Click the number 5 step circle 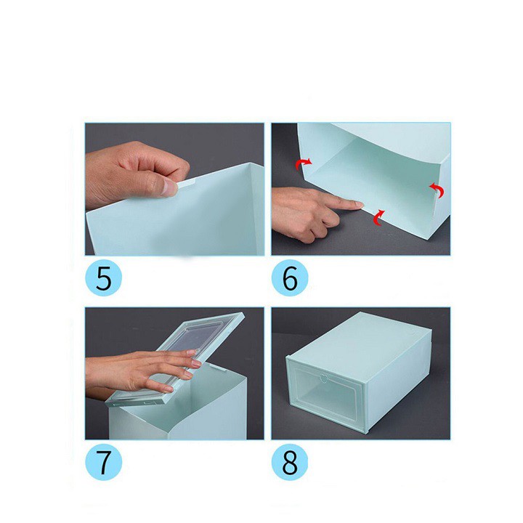click(x=103, y=277)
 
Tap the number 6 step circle click(x=290, y=277)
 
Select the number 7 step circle click(x=104, y=462)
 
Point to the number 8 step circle click(x=290, y=462)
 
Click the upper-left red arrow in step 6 click(x=304, y=163)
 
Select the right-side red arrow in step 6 click(x=437, y=190)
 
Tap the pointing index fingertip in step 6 click(x=357, y=204)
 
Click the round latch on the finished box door click(x=323, y=378)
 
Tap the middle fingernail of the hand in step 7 click(x=196, y=363)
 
